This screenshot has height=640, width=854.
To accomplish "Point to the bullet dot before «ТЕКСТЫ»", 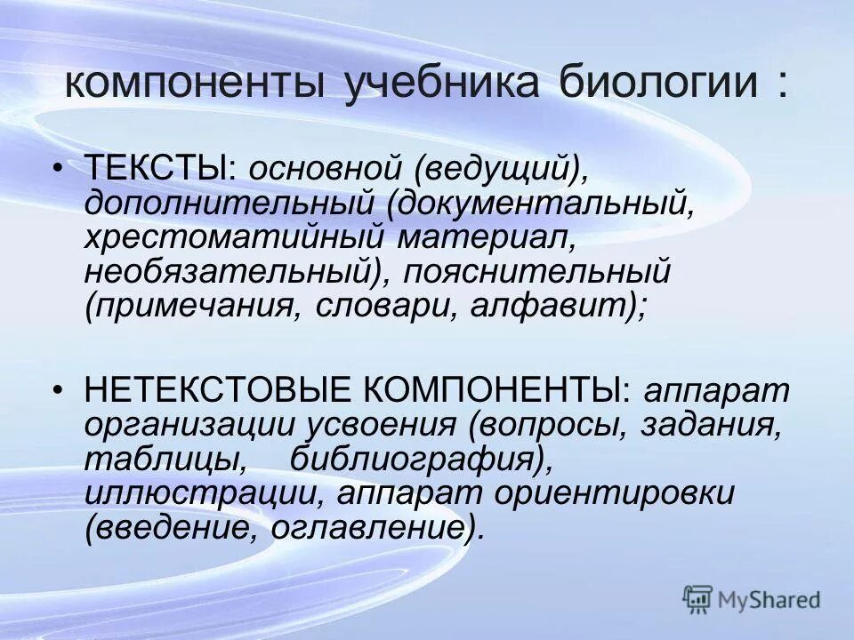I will [58, 166].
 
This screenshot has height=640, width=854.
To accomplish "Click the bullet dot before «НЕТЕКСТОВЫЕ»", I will [58, 390].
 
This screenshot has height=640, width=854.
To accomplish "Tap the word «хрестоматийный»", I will [234, 236].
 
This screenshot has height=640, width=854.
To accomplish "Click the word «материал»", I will [483, 236].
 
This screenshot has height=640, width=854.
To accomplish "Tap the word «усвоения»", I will [383, 425].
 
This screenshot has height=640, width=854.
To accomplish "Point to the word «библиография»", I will [413, 460].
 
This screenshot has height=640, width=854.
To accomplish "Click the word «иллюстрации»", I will [205, 494].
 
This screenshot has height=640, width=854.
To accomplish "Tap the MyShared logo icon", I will [698, 599].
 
